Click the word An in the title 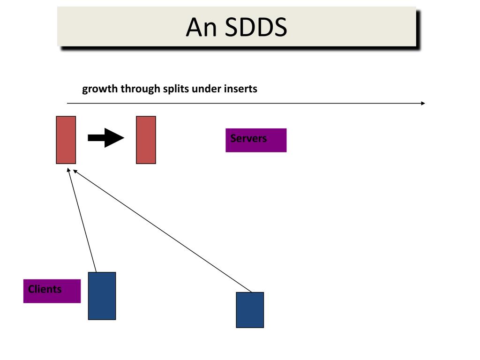[201, 27]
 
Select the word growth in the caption [100, 89]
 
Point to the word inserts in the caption [240, 89]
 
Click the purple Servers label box [256, 140]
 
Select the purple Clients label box [52, 291]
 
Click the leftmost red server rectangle [66, 140]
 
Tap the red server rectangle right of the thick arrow [146, 140]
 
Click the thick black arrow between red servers [105, 138]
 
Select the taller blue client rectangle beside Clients [102, 296]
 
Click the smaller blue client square [250, 310]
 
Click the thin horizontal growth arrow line [244, 103]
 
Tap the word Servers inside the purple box [248, 138]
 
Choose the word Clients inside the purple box [45, 289]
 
